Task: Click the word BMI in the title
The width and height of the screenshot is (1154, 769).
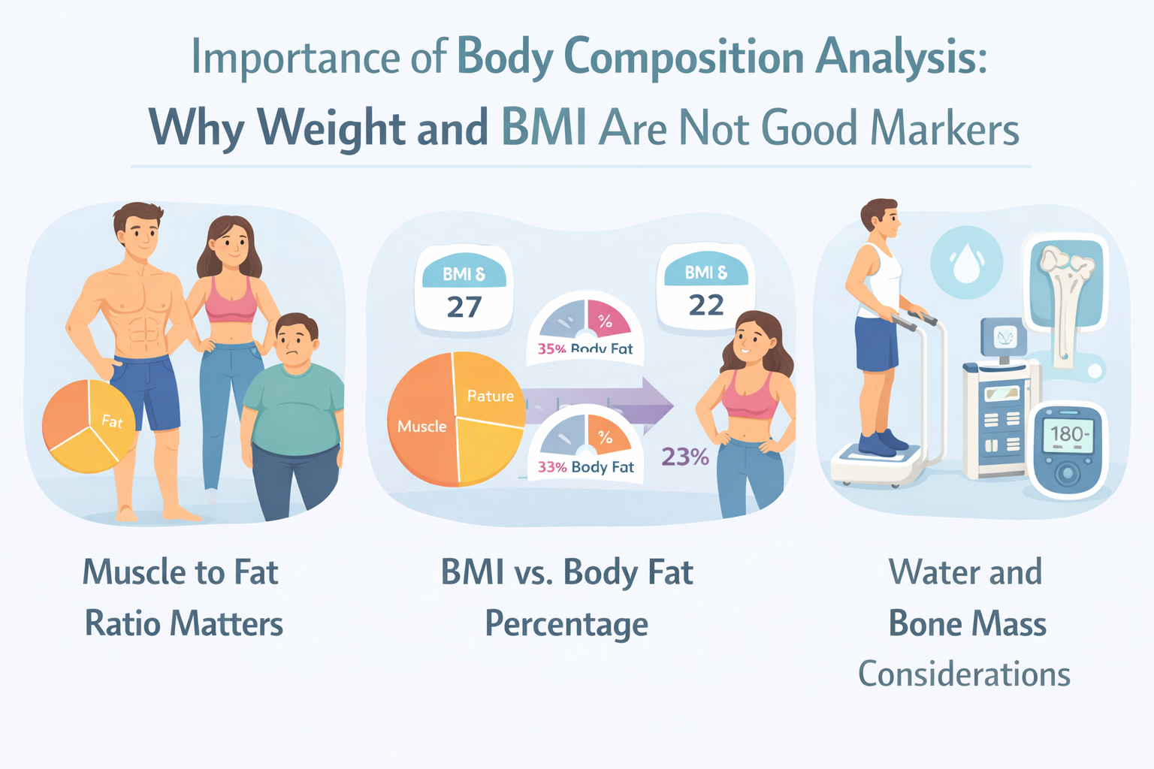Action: point(544,128)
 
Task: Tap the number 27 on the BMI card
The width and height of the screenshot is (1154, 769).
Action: point(464,307)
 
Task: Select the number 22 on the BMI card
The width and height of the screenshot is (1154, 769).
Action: point(705,305)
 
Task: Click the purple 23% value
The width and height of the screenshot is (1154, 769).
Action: point(684,457)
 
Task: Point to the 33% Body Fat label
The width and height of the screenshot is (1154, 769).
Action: point(585,467)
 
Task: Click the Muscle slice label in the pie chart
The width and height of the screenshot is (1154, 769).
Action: point(421,427)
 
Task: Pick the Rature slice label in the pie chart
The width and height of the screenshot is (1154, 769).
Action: point(490,396)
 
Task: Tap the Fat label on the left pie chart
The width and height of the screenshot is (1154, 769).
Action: point(112,421)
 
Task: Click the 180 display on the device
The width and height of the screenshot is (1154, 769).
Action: point(1067,434)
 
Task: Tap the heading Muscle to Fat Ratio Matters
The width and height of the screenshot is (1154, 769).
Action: point(182,597)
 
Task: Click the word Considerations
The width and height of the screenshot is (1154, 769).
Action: point(964,674)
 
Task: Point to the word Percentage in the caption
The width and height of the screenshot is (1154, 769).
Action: point(566,623)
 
